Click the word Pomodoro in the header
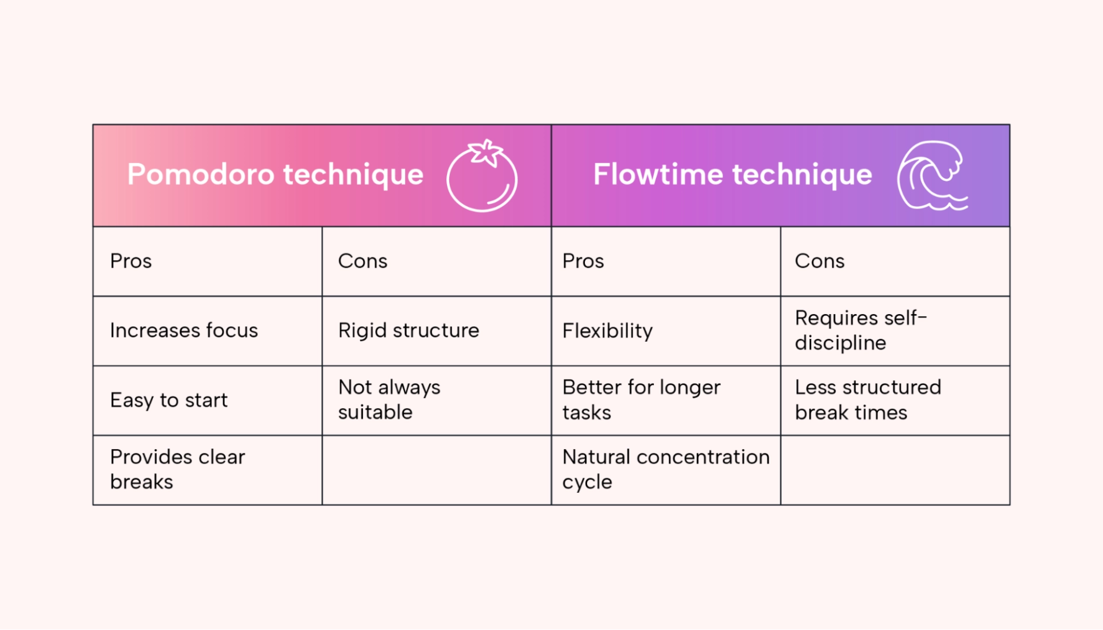click(200, 174)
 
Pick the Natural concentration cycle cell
click(666, 469)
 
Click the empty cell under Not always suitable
click(437, 470)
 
